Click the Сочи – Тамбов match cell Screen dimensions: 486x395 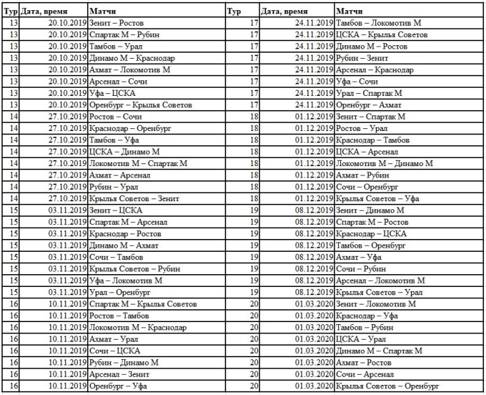coord(115,257)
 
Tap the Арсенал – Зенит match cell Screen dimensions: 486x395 coord(119,374)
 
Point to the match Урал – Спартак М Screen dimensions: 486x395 coord(369,93)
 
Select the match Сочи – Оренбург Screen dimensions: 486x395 coord(369,187)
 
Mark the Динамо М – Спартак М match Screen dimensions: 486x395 coord(379,350)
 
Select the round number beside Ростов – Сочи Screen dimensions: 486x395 coord(13,117)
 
